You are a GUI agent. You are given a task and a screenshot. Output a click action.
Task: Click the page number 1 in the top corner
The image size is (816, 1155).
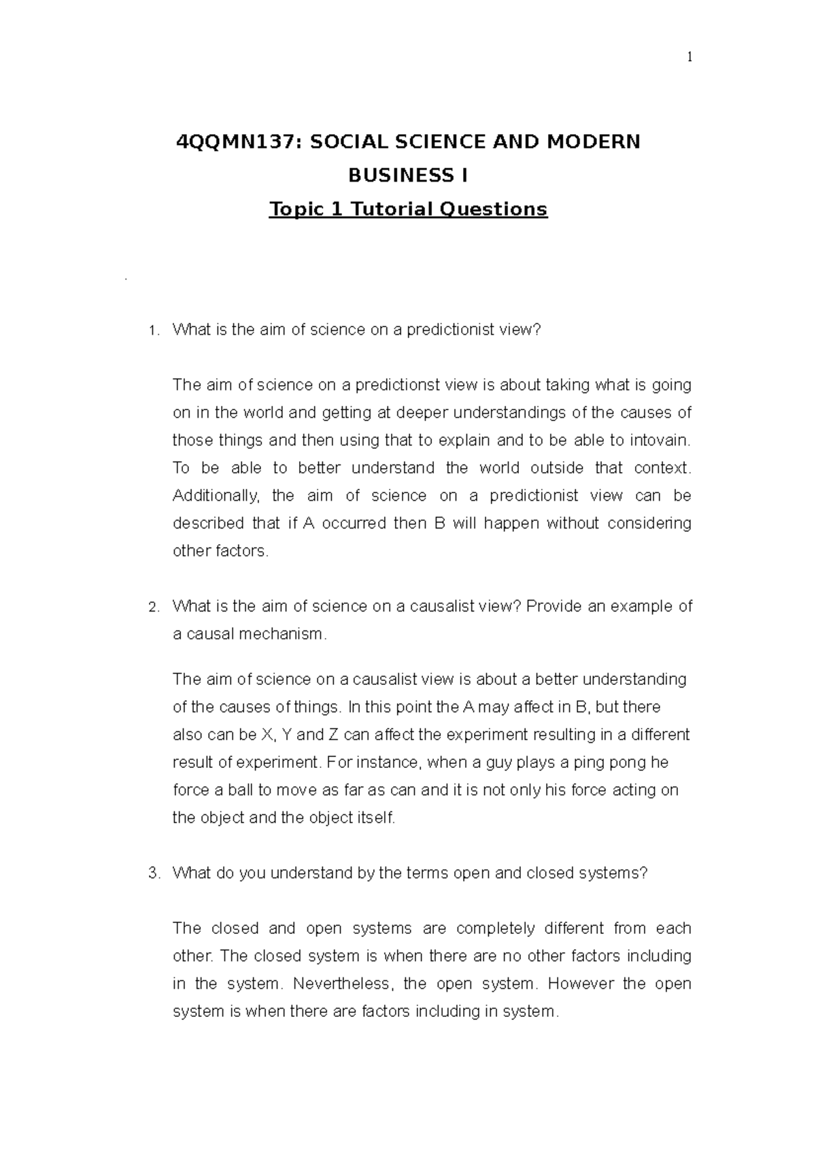point(690,58)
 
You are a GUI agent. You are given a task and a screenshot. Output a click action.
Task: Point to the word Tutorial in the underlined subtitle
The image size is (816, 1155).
point(391,209)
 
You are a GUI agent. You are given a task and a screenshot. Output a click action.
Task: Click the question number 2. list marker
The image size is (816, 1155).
point(153,607)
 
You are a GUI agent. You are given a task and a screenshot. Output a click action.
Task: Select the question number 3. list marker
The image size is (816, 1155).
point(153,874)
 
